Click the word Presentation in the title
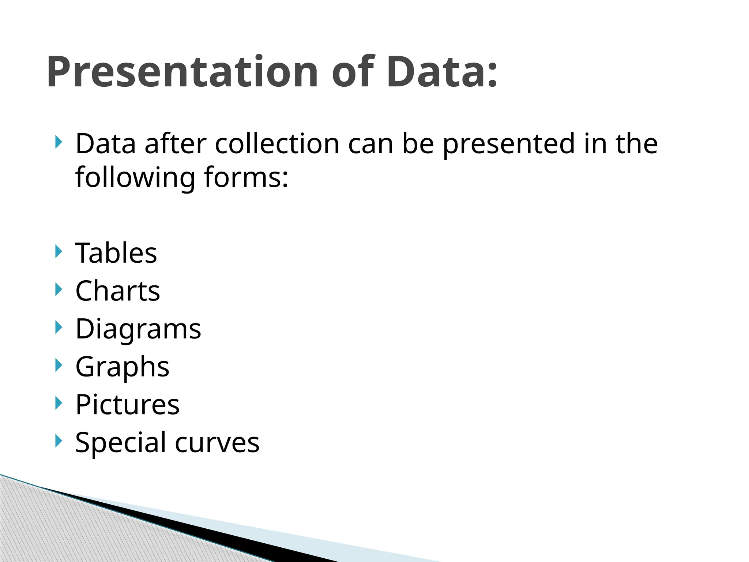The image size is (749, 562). (x=182, y=72)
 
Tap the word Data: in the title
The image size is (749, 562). (x=442, y=72)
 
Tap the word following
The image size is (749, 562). (x=135, y=177)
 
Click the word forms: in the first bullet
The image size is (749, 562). (x=246, y=177)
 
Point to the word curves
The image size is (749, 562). (x=217, y=442)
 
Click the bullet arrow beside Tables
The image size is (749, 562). (x=59, y=252)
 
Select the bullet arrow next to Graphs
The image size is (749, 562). (x=59, y=365)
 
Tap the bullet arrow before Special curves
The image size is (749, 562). (x=59, y=441)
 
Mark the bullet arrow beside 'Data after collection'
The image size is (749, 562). (x=59, y=142)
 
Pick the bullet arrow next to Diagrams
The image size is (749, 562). (x=59, y=327)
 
